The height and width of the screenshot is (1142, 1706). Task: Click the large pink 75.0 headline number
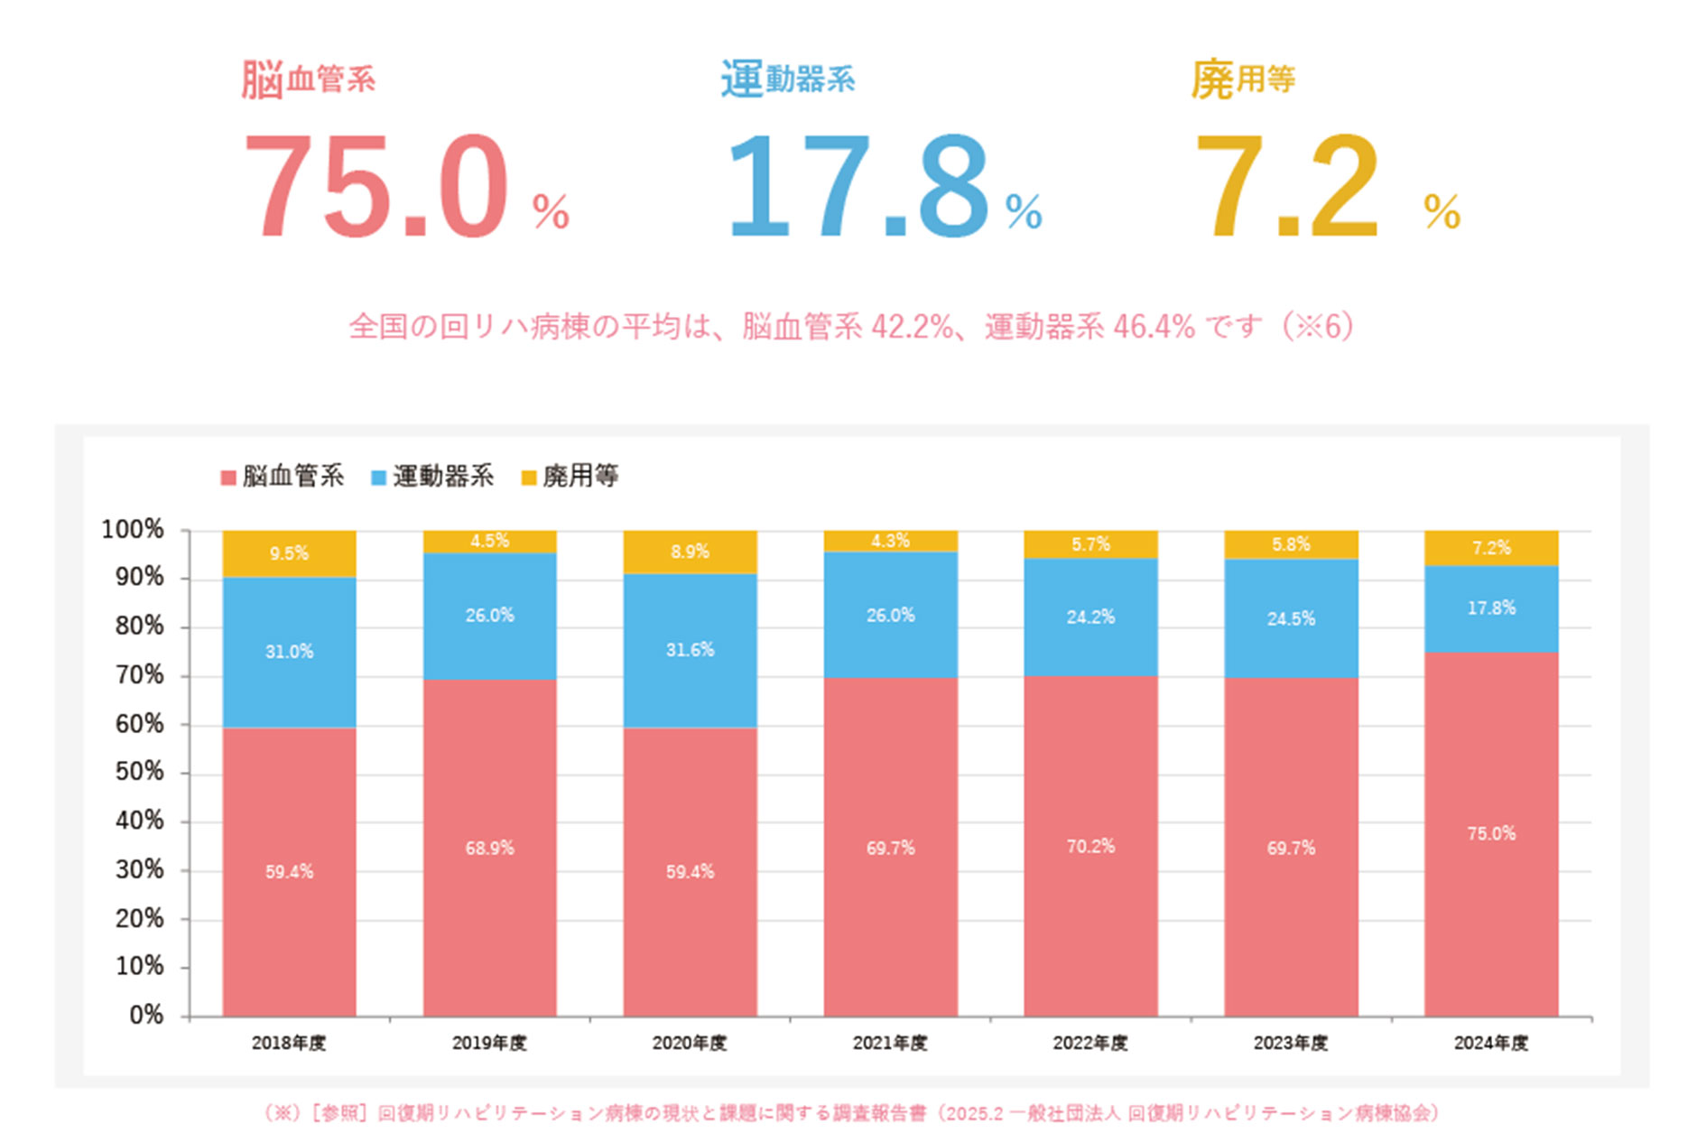point(376,187)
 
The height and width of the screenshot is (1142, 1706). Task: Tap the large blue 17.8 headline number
point(858,187)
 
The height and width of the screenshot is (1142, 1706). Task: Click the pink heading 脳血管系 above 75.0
point(308,79)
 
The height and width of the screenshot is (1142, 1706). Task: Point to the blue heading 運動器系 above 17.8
point(787,79)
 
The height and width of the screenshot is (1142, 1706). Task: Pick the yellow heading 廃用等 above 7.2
point(1243,79)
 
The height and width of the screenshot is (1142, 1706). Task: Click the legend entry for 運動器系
point(433,476)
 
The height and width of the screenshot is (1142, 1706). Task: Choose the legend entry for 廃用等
point(570,476)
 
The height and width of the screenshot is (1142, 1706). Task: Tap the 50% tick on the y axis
point(140,772)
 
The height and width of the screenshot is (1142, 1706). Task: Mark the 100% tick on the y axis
point(133,529)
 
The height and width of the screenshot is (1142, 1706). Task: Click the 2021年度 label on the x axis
point(890,1044)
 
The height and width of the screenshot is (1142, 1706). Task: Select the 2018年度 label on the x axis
point(289,1044)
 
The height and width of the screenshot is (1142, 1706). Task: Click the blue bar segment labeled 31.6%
point(690,650)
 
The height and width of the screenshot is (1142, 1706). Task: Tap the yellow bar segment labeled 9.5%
point(289,553)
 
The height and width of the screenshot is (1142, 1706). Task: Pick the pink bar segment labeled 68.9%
point(489,848)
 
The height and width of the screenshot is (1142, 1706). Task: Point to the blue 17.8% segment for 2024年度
point(1491,608)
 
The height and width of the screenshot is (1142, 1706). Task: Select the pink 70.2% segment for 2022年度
point(1090,846)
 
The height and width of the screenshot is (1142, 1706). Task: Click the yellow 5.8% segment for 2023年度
point(1291,544)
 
